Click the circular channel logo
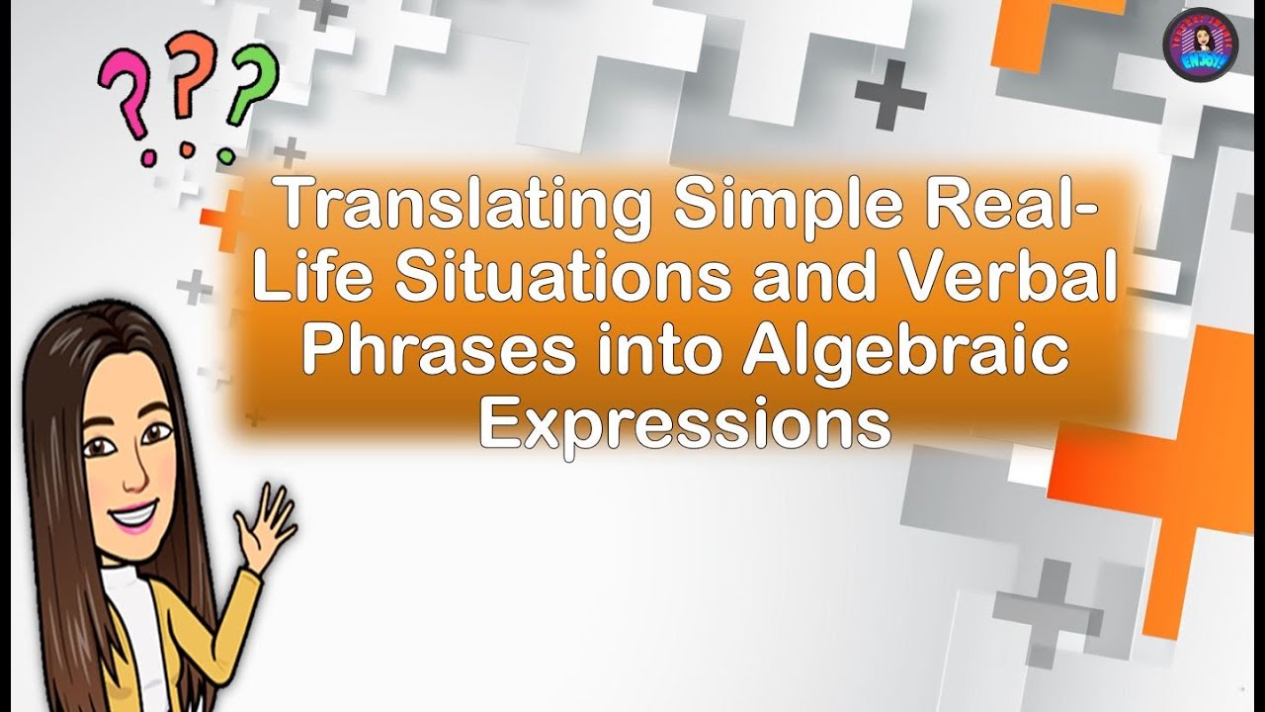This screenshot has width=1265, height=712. click(x=1200, y=44)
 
